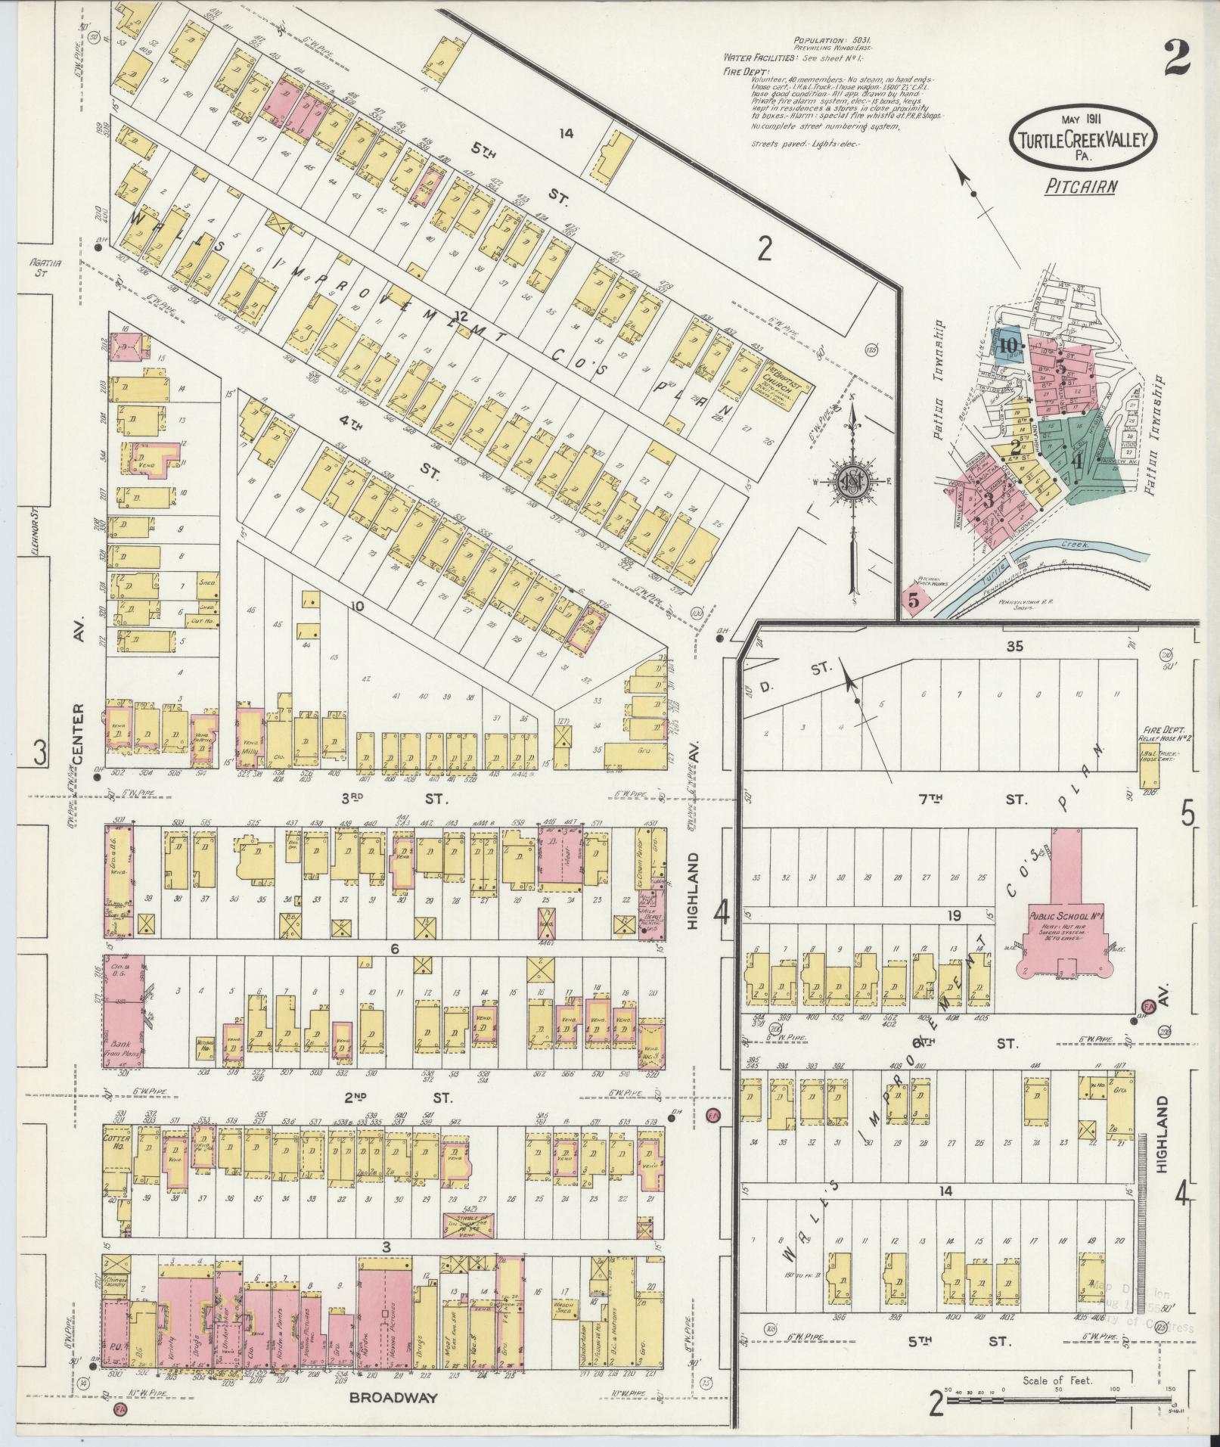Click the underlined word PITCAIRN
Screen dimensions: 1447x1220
tap(1082, 185)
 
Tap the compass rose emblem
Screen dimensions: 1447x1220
tap(851, 481)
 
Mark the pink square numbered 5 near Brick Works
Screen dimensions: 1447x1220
tap(914, 601)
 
